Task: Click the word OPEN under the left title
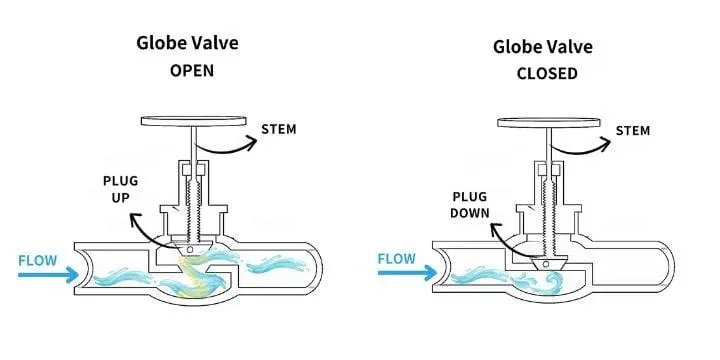pos(192,71)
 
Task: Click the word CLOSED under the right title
pos(547,73)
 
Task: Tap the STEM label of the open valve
pos(279,129)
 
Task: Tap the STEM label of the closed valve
pos(633,131)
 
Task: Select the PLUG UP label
pos(120,189)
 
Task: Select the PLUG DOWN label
pos(469,205)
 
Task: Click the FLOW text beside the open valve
pos(38,261)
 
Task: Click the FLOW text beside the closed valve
pos(396,259)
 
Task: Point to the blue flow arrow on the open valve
pos(48,275)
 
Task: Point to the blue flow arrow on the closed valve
pos(407,273)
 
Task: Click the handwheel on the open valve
pos(193,121)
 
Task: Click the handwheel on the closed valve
pos(549,123)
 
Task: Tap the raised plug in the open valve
pos(190,248)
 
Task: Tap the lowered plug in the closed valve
pos(545,264)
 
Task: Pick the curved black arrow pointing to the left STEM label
pos(226,148)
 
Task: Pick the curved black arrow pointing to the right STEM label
pos(580,150)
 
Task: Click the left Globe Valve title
pos(187,43)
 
